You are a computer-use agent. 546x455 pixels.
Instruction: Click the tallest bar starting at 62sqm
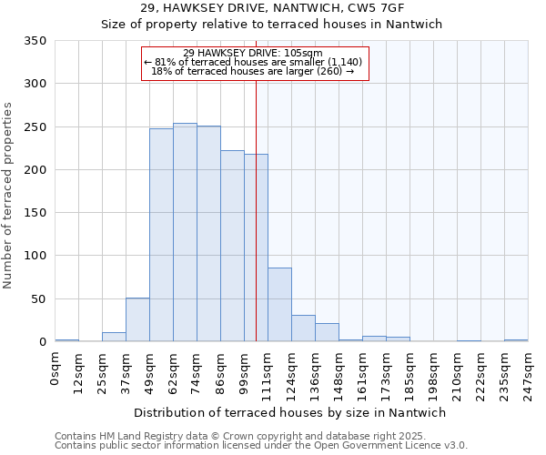pos(185,232)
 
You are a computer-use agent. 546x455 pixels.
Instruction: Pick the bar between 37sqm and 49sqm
pos(137,319)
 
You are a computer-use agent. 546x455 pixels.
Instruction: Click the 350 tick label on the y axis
pos(35,41)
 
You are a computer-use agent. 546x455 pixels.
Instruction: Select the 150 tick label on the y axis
pos(35,213)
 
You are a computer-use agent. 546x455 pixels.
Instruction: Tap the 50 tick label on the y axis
pos(38,298)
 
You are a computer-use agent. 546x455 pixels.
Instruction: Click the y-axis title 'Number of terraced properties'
pos(9,196)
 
